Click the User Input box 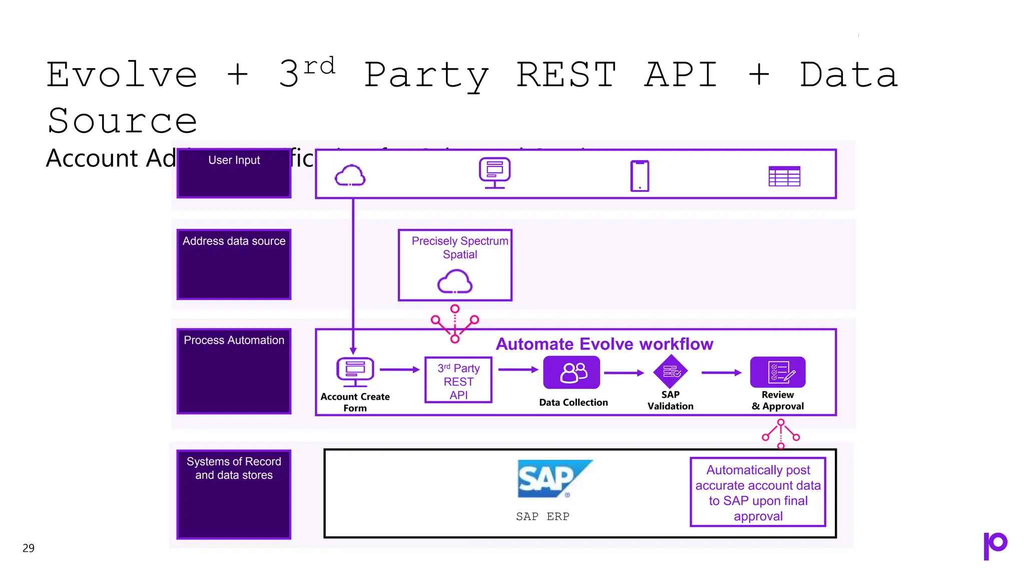tap(234, 173)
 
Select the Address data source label tap(234, 241)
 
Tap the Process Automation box tap(234, 371)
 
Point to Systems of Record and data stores tap(234, 468)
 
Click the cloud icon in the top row tap(350, 176)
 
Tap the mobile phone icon tap(640, 176)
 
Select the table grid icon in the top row tap(784, 176)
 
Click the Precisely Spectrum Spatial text tap(459, 247)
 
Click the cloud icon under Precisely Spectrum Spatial tap(454, 281)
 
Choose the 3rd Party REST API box tap(458, 380)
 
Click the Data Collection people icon tap(572, 373)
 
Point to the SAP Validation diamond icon tap(670, 372)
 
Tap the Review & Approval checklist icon tap(778, 372)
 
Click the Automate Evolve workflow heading tap(604, 344)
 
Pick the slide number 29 tap(29, 548)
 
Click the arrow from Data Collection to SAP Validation tap(624, 373)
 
